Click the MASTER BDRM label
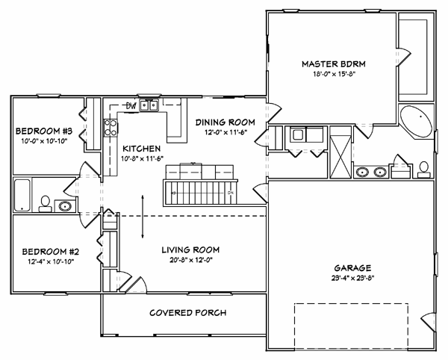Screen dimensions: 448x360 point(334,63)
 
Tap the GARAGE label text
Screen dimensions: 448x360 point(352,268)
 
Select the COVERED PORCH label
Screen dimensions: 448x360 point(187,313)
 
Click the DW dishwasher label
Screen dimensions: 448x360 point(131,106)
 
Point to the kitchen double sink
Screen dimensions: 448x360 point(149,106)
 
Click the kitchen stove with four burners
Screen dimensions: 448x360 point(111,128)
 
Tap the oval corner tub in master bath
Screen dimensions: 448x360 point(416,122)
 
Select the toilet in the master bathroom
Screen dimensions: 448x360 point(423,170)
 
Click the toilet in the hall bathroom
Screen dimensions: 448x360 point(45,204)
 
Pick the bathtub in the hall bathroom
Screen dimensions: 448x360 point(22,195)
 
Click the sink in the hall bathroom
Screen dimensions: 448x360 point(65,206)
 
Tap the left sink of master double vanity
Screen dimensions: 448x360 point(362,173)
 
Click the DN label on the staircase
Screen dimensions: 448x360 point(231,193)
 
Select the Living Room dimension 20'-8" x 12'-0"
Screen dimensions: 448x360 point(191,260)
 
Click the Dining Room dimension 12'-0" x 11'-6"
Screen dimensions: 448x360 point(225,132)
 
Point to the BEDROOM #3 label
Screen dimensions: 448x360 point(44,131)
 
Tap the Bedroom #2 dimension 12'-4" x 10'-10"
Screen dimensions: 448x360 point(50,261)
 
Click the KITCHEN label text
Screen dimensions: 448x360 point(142,149)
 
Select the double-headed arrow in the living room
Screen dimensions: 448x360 point(143,217)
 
